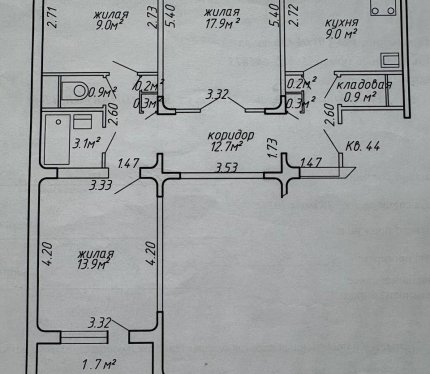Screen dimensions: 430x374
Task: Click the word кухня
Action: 341,23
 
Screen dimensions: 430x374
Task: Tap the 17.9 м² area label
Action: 223,24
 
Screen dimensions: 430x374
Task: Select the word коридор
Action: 231,136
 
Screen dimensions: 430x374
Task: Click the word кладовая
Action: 364,85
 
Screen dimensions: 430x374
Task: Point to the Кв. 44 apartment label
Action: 362,146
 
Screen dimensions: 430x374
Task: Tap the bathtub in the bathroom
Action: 57,139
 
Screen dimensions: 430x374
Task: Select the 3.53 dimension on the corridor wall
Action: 227,167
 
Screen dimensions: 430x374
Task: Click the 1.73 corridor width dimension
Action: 272,147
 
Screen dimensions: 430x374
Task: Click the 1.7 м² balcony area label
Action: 99,364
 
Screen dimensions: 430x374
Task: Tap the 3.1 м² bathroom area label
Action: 87,144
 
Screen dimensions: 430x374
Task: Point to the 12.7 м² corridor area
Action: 226,147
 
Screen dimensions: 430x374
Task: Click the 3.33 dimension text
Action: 100,185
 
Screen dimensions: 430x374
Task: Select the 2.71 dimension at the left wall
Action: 53,17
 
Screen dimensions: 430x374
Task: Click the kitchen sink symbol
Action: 390,61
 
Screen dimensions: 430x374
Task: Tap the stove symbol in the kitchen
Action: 383,8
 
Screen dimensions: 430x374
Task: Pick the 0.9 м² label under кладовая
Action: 360,97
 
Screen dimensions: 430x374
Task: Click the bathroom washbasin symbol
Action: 82,122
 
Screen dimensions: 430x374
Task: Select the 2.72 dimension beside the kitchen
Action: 294,16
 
